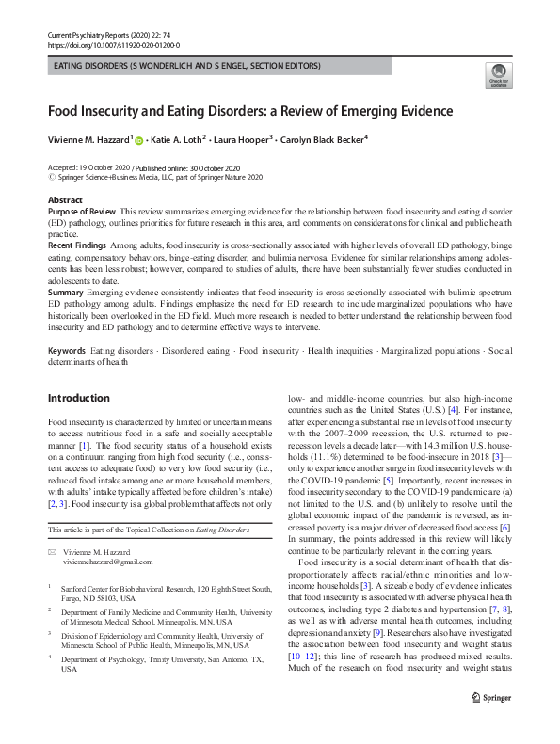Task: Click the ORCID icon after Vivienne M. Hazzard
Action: (139, 140)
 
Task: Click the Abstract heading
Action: (64, 200)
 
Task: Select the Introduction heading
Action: (78, 398)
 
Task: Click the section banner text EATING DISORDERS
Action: (88, 66)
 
